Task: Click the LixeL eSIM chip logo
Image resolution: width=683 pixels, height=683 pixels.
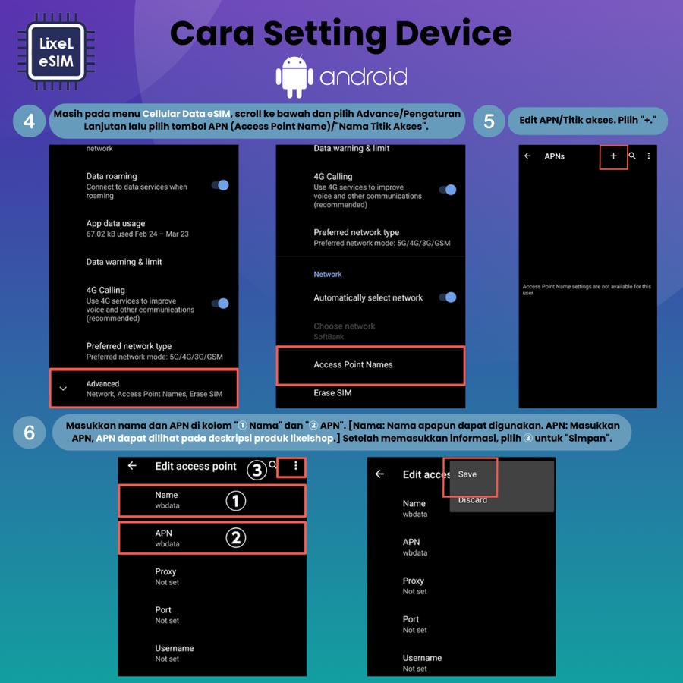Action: pyautogui.click(x=55, y=52)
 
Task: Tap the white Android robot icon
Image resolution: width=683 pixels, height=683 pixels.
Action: pyautogui.click(x=294, y=76)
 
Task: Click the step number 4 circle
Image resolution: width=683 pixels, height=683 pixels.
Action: pyautogui.click(x=29, y=121)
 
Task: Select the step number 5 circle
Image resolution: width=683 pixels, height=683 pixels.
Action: pyautogui.click(x=489, y=121)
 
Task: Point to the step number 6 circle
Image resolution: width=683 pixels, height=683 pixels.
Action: pyautogui.click(x=29, y=433)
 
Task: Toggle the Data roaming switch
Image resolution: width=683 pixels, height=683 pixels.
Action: pyautogui.click(x=220, y=185)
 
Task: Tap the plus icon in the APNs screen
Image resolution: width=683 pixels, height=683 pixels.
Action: pyautogui.click(x=613, y=156)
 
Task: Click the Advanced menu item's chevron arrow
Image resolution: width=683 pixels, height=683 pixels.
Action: pyautogui.click(x=63, y=389)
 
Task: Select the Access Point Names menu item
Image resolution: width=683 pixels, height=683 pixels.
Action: pyautogui.click(x=353, y=364)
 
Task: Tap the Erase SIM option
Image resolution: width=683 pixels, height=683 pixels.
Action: pyautogui.click(x=332, y=393)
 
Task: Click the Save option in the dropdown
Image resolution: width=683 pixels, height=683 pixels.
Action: pyautogui.click(x=467, y=474)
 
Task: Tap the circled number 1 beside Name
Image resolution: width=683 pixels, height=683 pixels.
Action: pyautogui.click(x=236, y=501)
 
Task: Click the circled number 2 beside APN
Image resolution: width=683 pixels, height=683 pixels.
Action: pyautogui.click(x=236, y=538)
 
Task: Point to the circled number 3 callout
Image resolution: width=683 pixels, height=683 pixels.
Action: pyautogui.click(x=257, y=470)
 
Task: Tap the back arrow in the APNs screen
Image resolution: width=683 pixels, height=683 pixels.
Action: pyautogui.click(x=527, y=156)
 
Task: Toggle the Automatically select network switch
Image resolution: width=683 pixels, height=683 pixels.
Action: pyautogui.click(x=448, y=297)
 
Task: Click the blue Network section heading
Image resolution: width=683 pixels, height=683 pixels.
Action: pyautogui.click(x=328, y=275)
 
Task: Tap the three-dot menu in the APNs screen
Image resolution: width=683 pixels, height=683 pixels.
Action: pyautogui.click(x=649, y=156)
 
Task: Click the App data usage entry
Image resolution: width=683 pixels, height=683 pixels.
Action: pyautogui.click(x=137, y=228)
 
